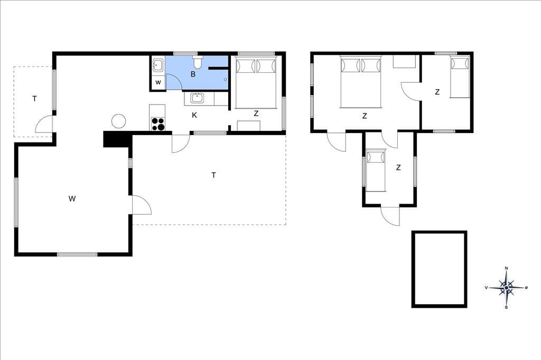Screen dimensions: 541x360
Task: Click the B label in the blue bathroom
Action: coord(193,74)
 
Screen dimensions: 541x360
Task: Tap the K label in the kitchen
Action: coord(194,115)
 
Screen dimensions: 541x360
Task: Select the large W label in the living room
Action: coord(72,198)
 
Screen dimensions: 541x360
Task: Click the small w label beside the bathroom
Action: coord(158,83)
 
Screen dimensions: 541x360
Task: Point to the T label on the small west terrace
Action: coord(34,99)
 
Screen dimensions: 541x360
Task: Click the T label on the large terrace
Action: coord(213,175)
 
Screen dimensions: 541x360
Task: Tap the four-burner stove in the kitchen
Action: coord(158,124)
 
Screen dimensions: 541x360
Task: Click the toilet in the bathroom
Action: coord(198,62)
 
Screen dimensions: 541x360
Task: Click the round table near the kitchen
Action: coord(118,121)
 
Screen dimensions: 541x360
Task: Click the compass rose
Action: coord(506,288)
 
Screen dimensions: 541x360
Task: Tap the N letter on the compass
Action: coord(506,268)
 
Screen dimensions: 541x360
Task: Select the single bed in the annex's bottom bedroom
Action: coord(376,170)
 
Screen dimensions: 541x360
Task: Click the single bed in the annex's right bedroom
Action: coord(460,77)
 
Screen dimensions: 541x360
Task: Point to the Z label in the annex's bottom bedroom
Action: coord(398,168)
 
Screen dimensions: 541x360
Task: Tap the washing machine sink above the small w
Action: coord(158,65)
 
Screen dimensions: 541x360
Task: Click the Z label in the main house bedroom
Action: coord(256,113)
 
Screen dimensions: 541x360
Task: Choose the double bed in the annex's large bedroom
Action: coord(360,82)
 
